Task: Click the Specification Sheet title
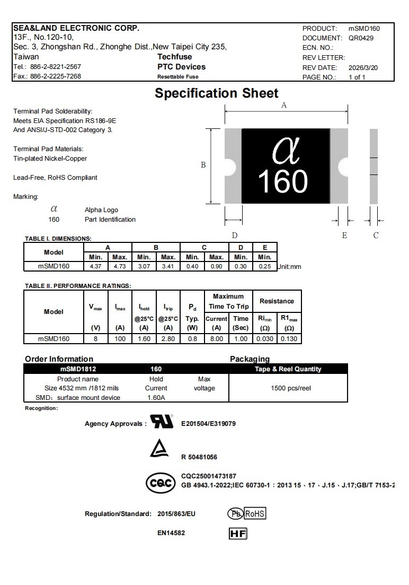point(216,93)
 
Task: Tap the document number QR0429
point(360,38)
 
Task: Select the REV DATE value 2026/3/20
point(363,68)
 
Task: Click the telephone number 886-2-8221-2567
point(56,67)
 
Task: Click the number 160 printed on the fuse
point(282,181)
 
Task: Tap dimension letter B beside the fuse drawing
point(203,165)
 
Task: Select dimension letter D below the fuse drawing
point(234,235)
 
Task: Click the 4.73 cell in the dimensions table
point(120,266)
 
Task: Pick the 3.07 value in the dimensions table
point(144,266)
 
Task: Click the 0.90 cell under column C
point(217,266)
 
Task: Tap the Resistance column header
point(277,301)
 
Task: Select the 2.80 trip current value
point(168,338)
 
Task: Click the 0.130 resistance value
point(289,338)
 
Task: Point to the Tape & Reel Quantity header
point(288,369)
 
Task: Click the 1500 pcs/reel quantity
point(291,388)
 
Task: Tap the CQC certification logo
point(161,483)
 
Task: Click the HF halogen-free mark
point(238,534)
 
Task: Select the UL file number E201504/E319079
point(208,424)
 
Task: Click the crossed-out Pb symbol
point(235,513)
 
